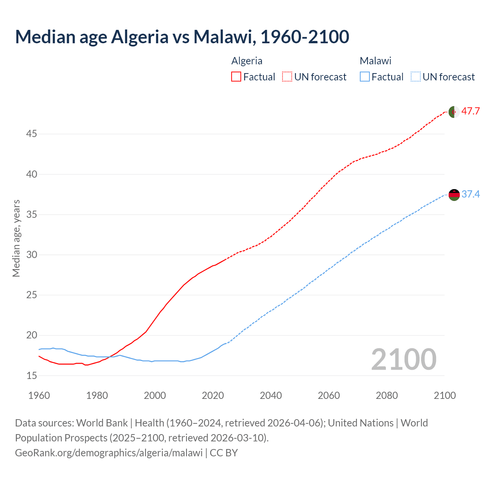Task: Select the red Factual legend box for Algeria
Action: (236, 77)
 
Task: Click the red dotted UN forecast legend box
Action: (287, 77)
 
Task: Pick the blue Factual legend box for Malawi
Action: (365, 77)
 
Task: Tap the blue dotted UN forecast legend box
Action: (415, 77)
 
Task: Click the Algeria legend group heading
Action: (247, 61)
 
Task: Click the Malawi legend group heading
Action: (375, 61)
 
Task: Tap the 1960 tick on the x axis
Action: (39, 395)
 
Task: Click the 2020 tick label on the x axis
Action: (213, 395)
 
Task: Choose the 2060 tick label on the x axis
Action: (329, 395)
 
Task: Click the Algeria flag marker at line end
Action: (454, 112)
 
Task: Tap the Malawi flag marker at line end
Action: (454, 195)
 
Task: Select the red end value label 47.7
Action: (470, 111)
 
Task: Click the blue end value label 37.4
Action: (470, 194)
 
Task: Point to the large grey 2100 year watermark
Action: (403, 359)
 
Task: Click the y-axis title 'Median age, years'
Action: (16, 238)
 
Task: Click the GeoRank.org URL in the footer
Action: (109, 452)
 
